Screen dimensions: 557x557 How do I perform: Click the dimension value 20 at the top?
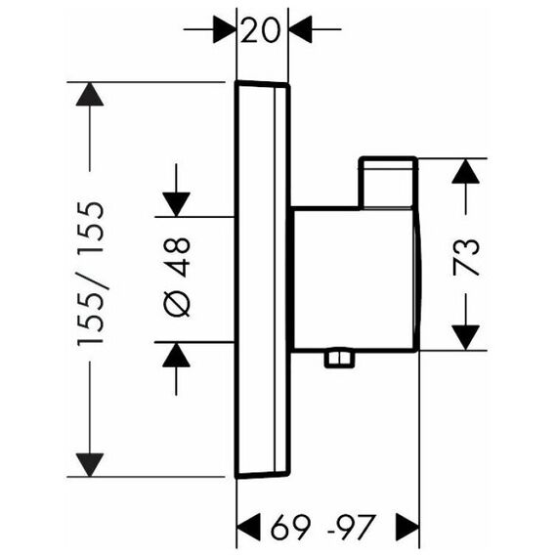pos(260,30)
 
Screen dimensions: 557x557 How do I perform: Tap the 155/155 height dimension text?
pos(91,274)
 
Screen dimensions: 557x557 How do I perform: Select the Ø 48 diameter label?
pos(177,278)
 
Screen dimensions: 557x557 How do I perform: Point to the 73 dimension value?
pos(466,258)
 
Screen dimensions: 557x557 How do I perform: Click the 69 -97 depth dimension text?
pos(322,527)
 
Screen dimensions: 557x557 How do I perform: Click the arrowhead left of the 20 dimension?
pos(225,29)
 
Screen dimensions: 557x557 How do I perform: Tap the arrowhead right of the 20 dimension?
pos(300,29)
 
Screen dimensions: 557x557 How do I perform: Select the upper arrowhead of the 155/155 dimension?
pos(90,94)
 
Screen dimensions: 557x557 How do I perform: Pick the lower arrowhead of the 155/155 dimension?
pos(90,465)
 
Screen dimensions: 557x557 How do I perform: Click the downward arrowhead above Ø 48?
pos(176,204)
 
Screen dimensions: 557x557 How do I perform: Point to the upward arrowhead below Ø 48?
pos(176,355)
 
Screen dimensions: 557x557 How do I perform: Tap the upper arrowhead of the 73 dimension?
pos(465,171)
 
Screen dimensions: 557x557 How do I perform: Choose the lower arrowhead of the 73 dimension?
pos(465,337)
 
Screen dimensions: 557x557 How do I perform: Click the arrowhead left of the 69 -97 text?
pos(248,527)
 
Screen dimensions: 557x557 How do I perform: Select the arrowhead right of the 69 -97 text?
pos(407,527)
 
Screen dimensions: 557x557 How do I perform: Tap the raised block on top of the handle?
pos(388,182)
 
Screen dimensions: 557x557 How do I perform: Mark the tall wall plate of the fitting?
pos(263,279)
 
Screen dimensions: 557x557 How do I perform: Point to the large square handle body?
pos(356,279)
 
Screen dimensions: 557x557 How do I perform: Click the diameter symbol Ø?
pos(177,305)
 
